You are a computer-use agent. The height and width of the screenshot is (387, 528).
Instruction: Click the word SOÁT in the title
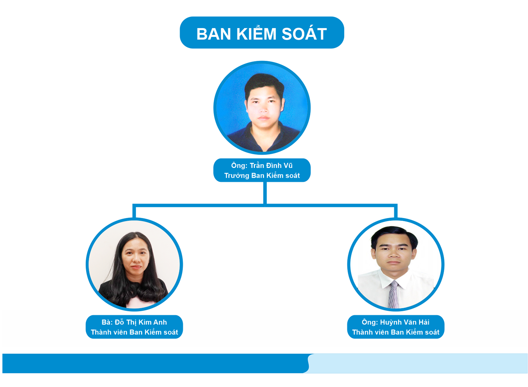click(304, 34)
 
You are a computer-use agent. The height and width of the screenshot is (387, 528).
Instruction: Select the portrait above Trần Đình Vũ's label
click(262, 108)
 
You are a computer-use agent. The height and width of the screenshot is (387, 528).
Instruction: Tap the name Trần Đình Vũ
click(271, 166)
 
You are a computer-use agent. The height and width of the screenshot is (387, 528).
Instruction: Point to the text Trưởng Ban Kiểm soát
click(262, 176)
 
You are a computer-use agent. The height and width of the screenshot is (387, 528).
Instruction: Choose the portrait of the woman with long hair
click(134, 264)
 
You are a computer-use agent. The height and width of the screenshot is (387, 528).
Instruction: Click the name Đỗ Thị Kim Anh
click(141, 322)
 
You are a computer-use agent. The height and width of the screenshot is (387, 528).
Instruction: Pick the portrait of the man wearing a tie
click(396, 264)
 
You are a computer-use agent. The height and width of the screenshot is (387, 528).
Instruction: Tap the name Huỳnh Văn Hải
click(405, 322)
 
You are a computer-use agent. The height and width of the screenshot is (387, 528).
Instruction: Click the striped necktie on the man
click(393, 294)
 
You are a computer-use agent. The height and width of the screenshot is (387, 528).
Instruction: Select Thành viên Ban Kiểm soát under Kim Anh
click(134, 332)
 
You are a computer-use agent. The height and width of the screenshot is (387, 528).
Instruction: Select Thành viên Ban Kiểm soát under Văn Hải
click(396, 332)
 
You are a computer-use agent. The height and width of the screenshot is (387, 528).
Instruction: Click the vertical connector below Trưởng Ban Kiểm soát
click(265, 193)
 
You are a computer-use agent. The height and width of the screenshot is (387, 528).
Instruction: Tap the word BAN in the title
click(214, 34)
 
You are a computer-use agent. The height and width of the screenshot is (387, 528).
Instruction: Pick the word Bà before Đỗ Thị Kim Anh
click(107, 322)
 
